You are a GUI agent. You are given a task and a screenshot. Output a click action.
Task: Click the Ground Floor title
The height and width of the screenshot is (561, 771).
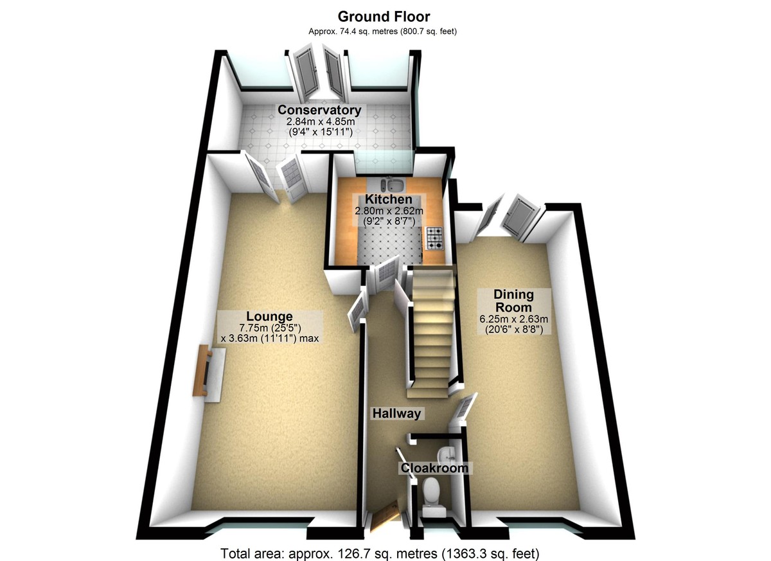click(384, 16)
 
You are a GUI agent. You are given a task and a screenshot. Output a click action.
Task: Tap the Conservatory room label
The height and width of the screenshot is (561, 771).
click(319, 110)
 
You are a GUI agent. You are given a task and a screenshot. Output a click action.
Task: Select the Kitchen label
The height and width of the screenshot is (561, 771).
click(389, 199)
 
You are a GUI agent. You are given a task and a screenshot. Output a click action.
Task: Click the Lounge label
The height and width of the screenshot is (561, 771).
click(270, 316)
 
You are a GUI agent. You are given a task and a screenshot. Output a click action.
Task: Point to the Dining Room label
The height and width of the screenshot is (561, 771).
click(513, 301)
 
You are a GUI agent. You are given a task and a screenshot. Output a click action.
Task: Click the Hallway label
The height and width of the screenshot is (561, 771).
click(397, 414)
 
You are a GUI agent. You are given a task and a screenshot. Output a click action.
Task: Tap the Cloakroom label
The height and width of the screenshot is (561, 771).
click(434, 468)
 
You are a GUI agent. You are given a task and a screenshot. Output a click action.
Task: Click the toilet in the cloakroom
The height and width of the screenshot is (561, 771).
click(432, 492)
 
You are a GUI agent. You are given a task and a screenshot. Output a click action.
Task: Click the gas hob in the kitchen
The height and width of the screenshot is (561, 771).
click(435, 238)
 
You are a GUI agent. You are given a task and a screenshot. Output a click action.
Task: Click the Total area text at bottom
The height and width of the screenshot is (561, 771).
click(379, 553)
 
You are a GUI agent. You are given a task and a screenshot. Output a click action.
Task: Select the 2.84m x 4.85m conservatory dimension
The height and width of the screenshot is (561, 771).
click(320, 121)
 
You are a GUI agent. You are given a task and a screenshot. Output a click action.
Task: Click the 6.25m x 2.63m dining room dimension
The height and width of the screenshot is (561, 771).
click(513, 319)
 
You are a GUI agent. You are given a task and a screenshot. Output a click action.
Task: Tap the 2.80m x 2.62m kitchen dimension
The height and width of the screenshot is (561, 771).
click(389, 211)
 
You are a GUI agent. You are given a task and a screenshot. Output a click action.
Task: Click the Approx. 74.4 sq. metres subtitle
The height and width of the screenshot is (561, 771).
click(384, 30)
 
